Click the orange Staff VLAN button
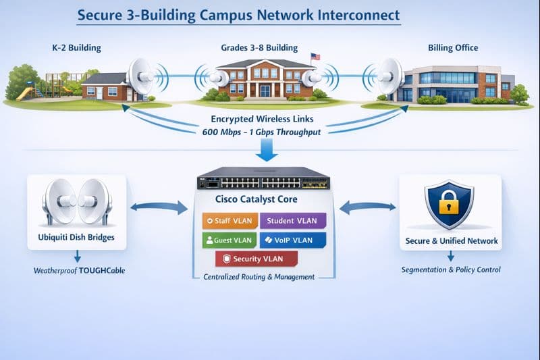coord(227,221)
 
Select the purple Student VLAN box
coord(292,221)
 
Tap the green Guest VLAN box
coord(227,240)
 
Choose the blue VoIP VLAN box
coord(292,240)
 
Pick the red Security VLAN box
coord(256,259)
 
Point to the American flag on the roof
coord(315,57)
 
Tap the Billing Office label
coord(453,48)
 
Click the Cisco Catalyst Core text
coord(256,200)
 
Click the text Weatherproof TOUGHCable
coord(80,271)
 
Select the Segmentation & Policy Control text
coord(451,270)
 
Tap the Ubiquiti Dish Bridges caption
coord(76,238)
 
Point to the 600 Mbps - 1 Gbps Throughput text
coord(261,132)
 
